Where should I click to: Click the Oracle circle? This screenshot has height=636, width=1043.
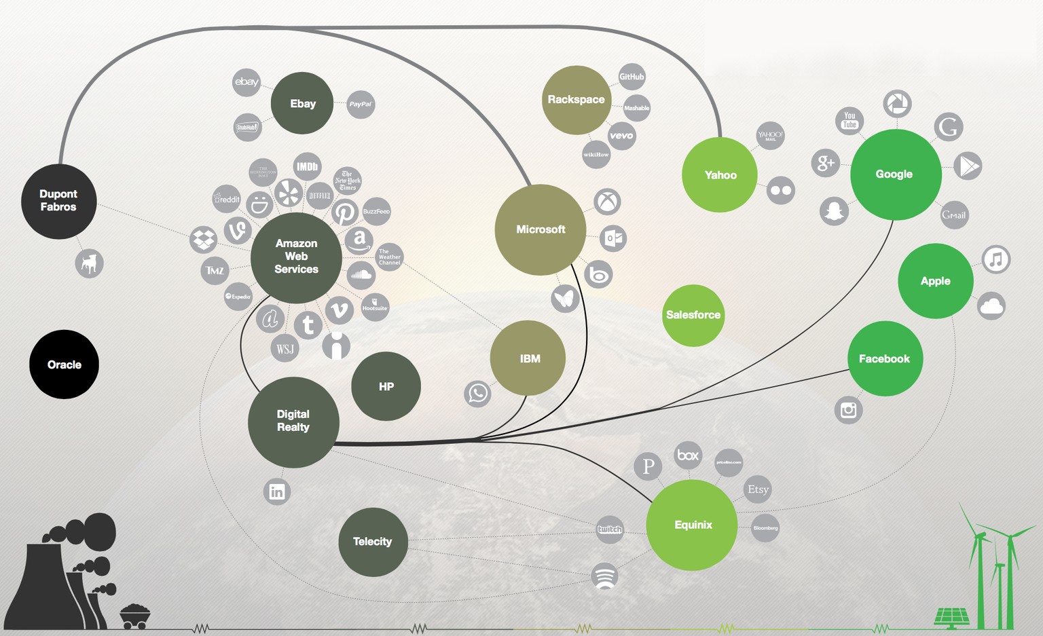pos(64,364)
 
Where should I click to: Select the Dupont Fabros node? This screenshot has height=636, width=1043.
pos(58,201)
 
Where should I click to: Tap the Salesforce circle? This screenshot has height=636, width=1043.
pos(693,315)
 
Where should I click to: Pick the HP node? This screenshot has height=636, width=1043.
pos(386,386)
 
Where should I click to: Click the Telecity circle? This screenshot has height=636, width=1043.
pos(373,542)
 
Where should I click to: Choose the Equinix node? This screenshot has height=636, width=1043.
pos(692,525)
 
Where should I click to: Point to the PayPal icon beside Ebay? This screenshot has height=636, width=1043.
pos(361,105)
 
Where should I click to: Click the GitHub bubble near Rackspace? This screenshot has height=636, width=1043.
pos(632,77)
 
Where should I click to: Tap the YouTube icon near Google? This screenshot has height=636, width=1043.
pos(849,120)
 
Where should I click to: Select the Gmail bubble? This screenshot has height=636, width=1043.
pos(954,215)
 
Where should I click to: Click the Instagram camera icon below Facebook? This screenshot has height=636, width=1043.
pos(848,410)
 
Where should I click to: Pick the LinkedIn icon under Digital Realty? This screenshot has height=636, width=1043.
pos(277,491)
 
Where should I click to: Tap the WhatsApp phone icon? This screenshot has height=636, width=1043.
pos(478,393)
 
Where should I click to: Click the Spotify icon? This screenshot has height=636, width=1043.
pos(604,576)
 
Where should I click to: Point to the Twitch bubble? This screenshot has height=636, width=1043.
pos(609,529)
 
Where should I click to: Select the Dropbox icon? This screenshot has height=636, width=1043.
pos(203,239)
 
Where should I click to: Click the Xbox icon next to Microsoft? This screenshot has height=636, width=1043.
pos(607,202)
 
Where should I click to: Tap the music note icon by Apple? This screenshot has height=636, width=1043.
pos(995,259)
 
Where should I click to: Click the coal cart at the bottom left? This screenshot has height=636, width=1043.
pos(134,616)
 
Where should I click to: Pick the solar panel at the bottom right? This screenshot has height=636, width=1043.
pos(951,616)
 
